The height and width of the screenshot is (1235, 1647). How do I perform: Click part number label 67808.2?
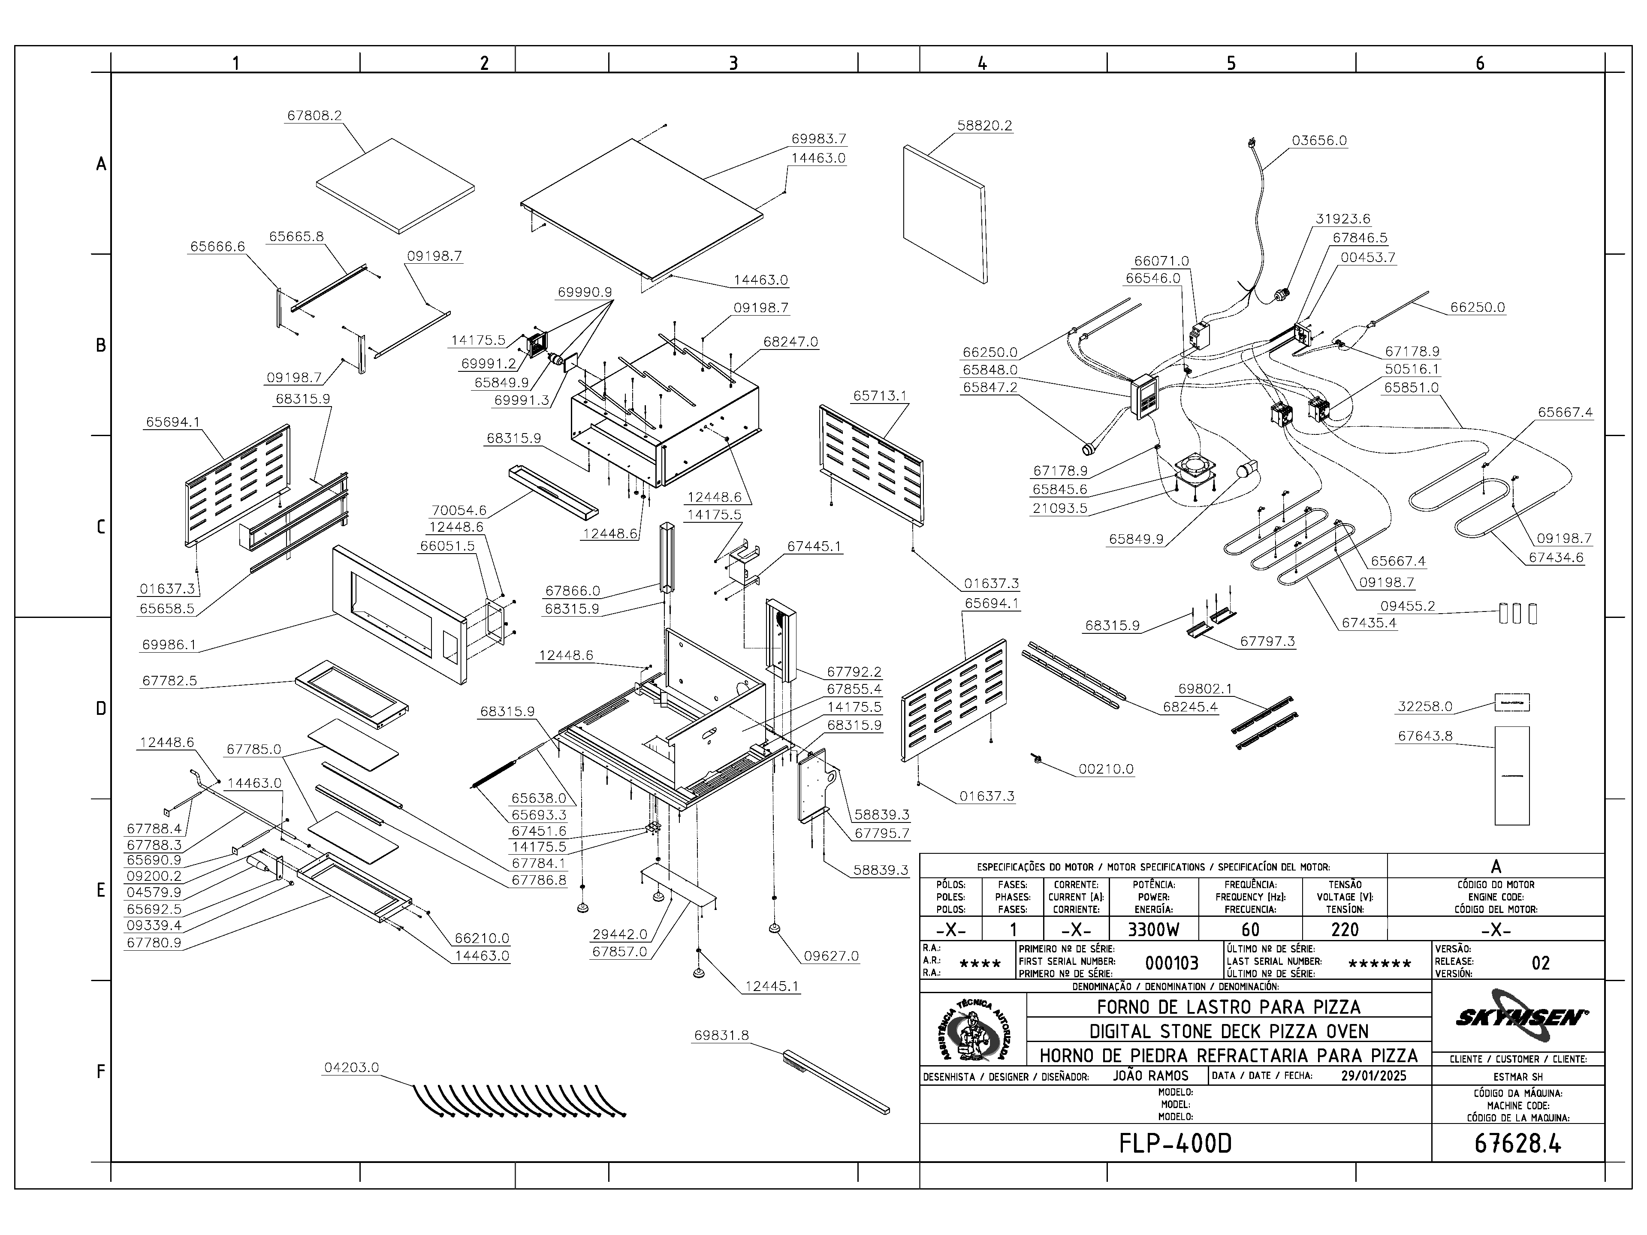(x=314, y=116)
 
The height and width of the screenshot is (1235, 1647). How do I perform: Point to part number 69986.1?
(x=169, y=645)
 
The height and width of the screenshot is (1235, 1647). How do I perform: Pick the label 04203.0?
(x=351, y=1067)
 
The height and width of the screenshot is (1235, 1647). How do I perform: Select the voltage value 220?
(x=1345, y=930)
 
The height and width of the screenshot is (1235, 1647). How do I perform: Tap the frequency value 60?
(x=1250, y=930)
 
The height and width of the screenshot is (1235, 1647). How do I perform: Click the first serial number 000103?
(x=1172, y=963)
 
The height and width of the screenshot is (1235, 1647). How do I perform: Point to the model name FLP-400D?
(x=1175, y=1143)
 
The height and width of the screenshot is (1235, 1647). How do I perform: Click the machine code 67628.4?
(x=1517, y=1143)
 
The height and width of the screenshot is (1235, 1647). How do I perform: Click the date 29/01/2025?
(x=1374, y=1075)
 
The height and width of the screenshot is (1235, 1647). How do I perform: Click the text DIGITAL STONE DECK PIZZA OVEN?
(x=1228, y=1031)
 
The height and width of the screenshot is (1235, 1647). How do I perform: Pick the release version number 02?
(x=1541, y=963)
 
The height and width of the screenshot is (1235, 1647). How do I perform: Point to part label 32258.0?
(x=1425, y=706)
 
